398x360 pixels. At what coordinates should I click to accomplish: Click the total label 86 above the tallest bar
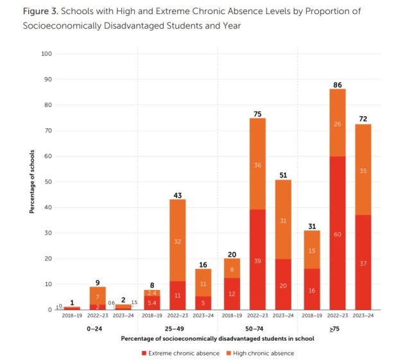[338, 84]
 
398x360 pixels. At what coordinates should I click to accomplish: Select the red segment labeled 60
[338, 234]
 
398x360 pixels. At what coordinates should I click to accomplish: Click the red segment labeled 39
[257, 260]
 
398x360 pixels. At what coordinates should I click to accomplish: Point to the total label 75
[257, 114]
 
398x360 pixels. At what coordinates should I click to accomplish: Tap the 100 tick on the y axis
[46, 54]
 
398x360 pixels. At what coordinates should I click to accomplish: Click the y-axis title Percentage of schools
[30, 182]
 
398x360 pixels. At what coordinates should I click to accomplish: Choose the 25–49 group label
[177, 327]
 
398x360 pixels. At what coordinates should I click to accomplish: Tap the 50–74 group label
[257, 327]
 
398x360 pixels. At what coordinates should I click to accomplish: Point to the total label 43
[177, 195]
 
